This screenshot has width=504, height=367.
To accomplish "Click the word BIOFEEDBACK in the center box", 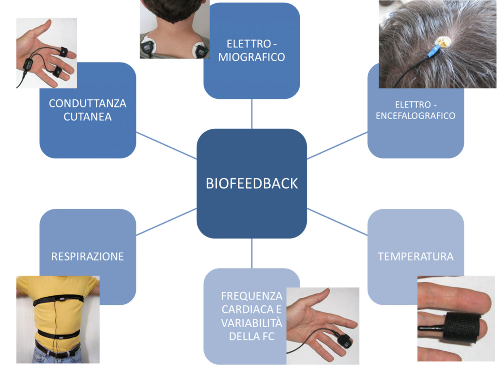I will (x=252, y=183).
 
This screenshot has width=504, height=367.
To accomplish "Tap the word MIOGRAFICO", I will (x=251, y=57).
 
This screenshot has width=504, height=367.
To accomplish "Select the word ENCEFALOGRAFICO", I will (x=415, y=116).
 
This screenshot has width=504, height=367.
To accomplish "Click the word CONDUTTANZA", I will (x=87, y=103).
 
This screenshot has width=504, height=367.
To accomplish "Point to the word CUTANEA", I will (x=87, y=117).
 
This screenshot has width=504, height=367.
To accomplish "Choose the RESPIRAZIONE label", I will (x=87, y=257).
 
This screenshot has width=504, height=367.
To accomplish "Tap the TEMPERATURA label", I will (x=416, y=257).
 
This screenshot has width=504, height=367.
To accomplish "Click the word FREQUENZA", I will (x=251, y=296).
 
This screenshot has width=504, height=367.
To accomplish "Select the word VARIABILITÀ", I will (x=251, y=323).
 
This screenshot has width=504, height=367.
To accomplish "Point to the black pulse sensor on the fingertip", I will (x=344, y=342).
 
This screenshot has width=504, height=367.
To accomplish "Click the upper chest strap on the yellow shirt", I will (x=59, y=299).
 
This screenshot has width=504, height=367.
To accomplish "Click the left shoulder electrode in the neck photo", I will (x=148, y=49).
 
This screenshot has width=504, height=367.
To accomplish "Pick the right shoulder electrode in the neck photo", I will (x=200, y=51).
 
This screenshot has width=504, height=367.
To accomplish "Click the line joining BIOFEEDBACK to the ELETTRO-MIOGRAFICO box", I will (x=252, y=114).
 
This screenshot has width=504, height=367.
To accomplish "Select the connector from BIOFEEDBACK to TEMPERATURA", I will (x=337, y=222).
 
